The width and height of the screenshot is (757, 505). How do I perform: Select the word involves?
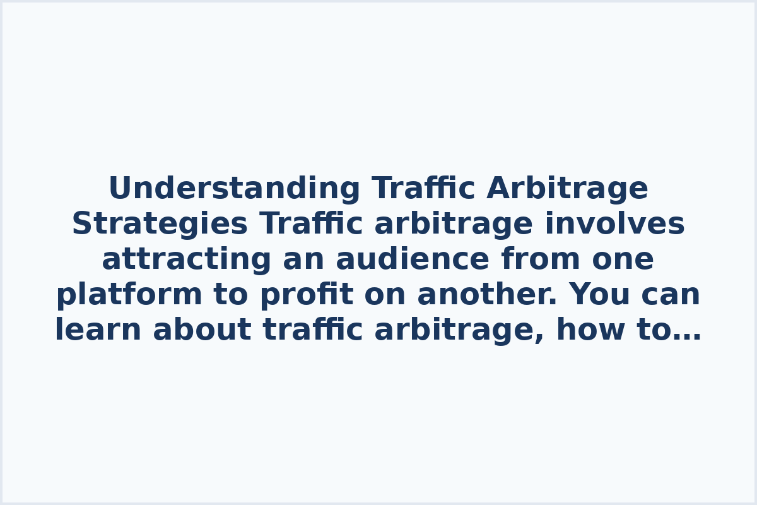coord(614,224)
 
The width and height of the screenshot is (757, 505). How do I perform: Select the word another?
coord(484,295)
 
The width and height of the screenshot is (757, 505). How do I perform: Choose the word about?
coord(202,330)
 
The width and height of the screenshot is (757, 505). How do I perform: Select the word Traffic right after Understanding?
coord(423,189)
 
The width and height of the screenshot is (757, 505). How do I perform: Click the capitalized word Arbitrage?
coord(567,189)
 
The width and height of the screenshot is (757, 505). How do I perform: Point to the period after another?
coord(554,304)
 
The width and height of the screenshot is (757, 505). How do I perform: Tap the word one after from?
coord(623,259)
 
